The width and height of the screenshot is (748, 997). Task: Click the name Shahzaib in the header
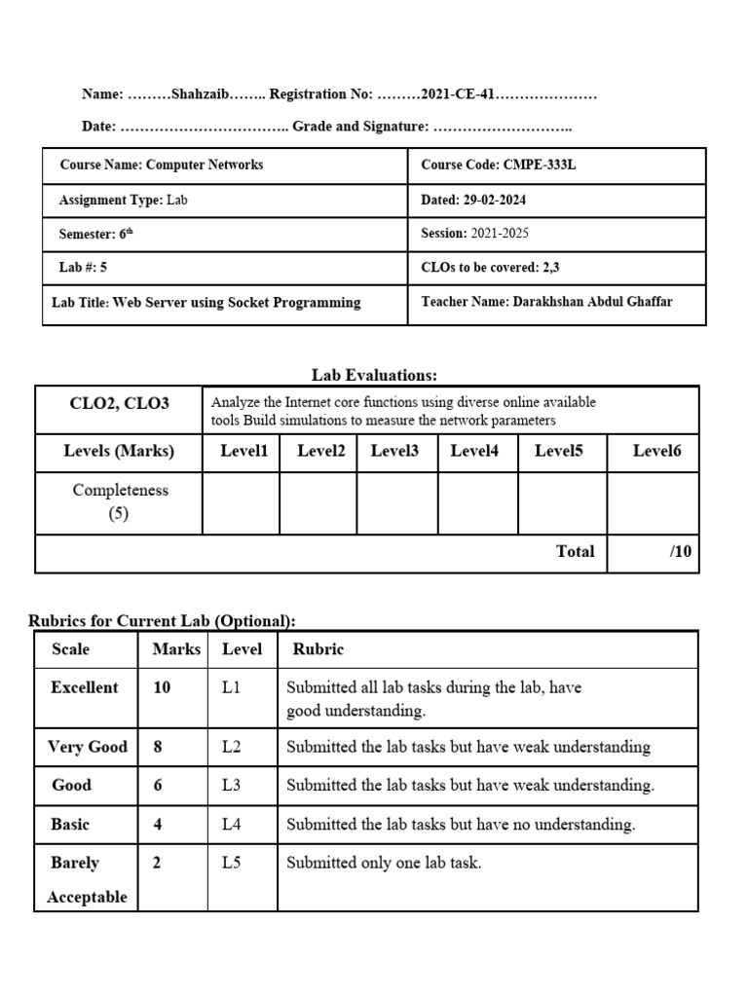(x=199, y=94)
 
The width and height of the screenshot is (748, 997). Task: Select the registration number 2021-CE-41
(x=457, y=94)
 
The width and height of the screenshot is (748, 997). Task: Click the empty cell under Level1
(x=242, y=503)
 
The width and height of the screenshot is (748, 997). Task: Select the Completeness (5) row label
(x=120, y=502)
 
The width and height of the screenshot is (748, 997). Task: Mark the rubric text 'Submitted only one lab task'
(x=384, y=863)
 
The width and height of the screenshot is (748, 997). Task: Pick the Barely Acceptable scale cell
(x=87, y=879)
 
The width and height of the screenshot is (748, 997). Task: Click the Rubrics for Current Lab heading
(x=162, y=621)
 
